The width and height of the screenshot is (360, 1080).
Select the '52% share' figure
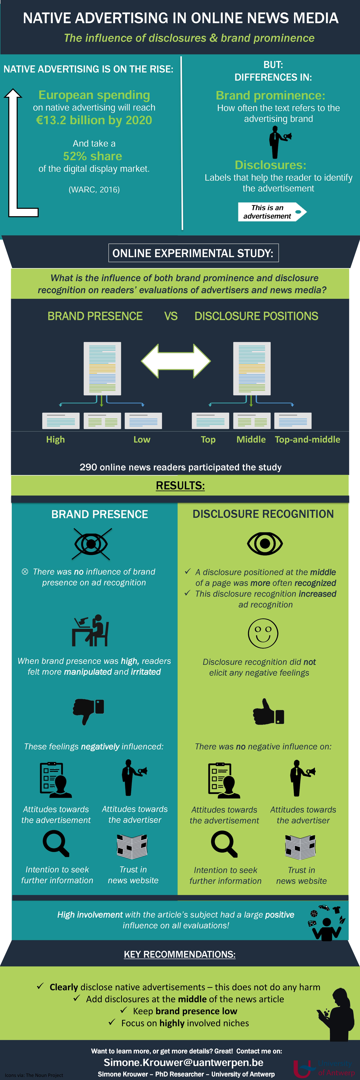[93, 156]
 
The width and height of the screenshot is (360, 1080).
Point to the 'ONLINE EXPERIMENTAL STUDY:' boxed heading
[193, 253]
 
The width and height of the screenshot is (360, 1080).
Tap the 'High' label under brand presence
[55, 439]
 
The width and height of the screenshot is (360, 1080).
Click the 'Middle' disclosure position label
[251, 439]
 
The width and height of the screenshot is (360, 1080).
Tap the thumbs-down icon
[88, 711]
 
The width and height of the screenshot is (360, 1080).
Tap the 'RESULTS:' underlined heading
[180, 486]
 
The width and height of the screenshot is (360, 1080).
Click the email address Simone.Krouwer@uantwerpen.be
[184, 1062]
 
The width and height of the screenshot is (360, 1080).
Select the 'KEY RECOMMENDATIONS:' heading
[180, 954]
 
